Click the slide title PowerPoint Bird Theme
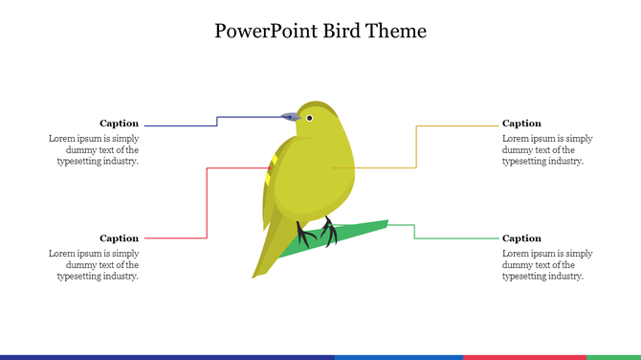(320, 31)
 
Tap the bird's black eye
(309, 118)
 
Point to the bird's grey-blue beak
(290, 116)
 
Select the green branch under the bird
(364, 230)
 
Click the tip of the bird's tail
(257, 275)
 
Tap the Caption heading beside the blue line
(119, 124)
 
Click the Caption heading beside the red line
(119, 238)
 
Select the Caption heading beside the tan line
(521, 124)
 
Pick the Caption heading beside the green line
(521, 238)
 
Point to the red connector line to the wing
(207, 201)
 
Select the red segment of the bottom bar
(524, 357)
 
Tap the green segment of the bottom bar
(613, 357)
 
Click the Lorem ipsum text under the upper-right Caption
(546, 149)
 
